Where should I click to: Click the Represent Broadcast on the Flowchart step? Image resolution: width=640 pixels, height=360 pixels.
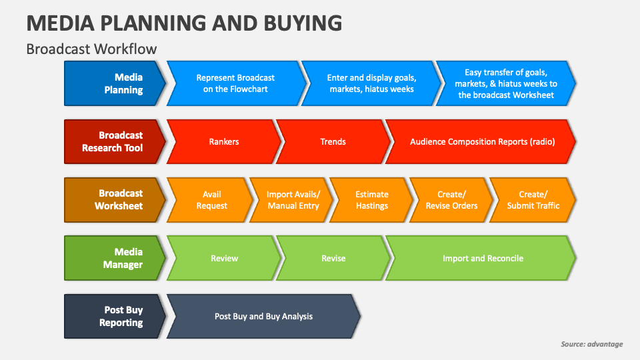click(235, 83)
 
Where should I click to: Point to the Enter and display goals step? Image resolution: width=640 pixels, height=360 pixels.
click(371, 83)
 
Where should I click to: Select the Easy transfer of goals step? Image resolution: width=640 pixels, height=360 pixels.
click(505, 83)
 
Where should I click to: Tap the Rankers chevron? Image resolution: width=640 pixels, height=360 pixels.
click(224, 141)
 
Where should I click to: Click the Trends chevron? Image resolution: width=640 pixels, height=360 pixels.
click(333, 141)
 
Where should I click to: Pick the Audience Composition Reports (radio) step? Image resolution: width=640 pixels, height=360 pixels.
click(482, 141)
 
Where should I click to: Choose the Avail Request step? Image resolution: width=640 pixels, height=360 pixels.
click(211, 200)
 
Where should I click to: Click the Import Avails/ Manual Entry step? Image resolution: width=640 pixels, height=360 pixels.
click(293, 200)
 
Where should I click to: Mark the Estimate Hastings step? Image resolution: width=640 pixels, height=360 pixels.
click(371, 200)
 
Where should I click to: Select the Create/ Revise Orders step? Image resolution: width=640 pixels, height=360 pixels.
click(451, 200)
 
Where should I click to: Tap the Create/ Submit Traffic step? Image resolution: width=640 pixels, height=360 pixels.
click(533, 200)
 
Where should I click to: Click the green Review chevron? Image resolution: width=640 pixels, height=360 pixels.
click(224, 258)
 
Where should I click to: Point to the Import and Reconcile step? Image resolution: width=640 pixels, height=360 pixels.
click(483, 258)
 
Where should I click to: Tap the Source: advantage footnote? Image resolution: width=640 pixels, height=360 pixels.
click(591, 344)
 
